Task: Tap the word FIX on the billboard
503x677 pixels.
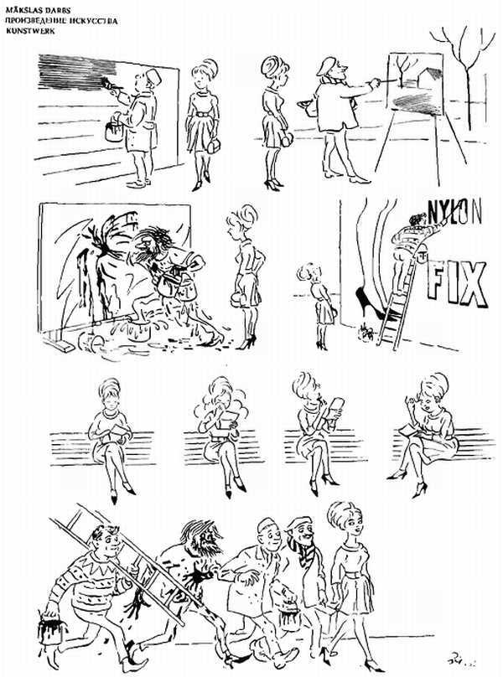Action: (x=456, y=286)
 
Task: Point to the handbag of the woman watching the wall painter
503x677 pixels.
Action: (x=213, y=144)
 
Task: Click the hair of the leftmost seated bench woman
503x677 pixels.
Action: (x=109, y=387)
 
